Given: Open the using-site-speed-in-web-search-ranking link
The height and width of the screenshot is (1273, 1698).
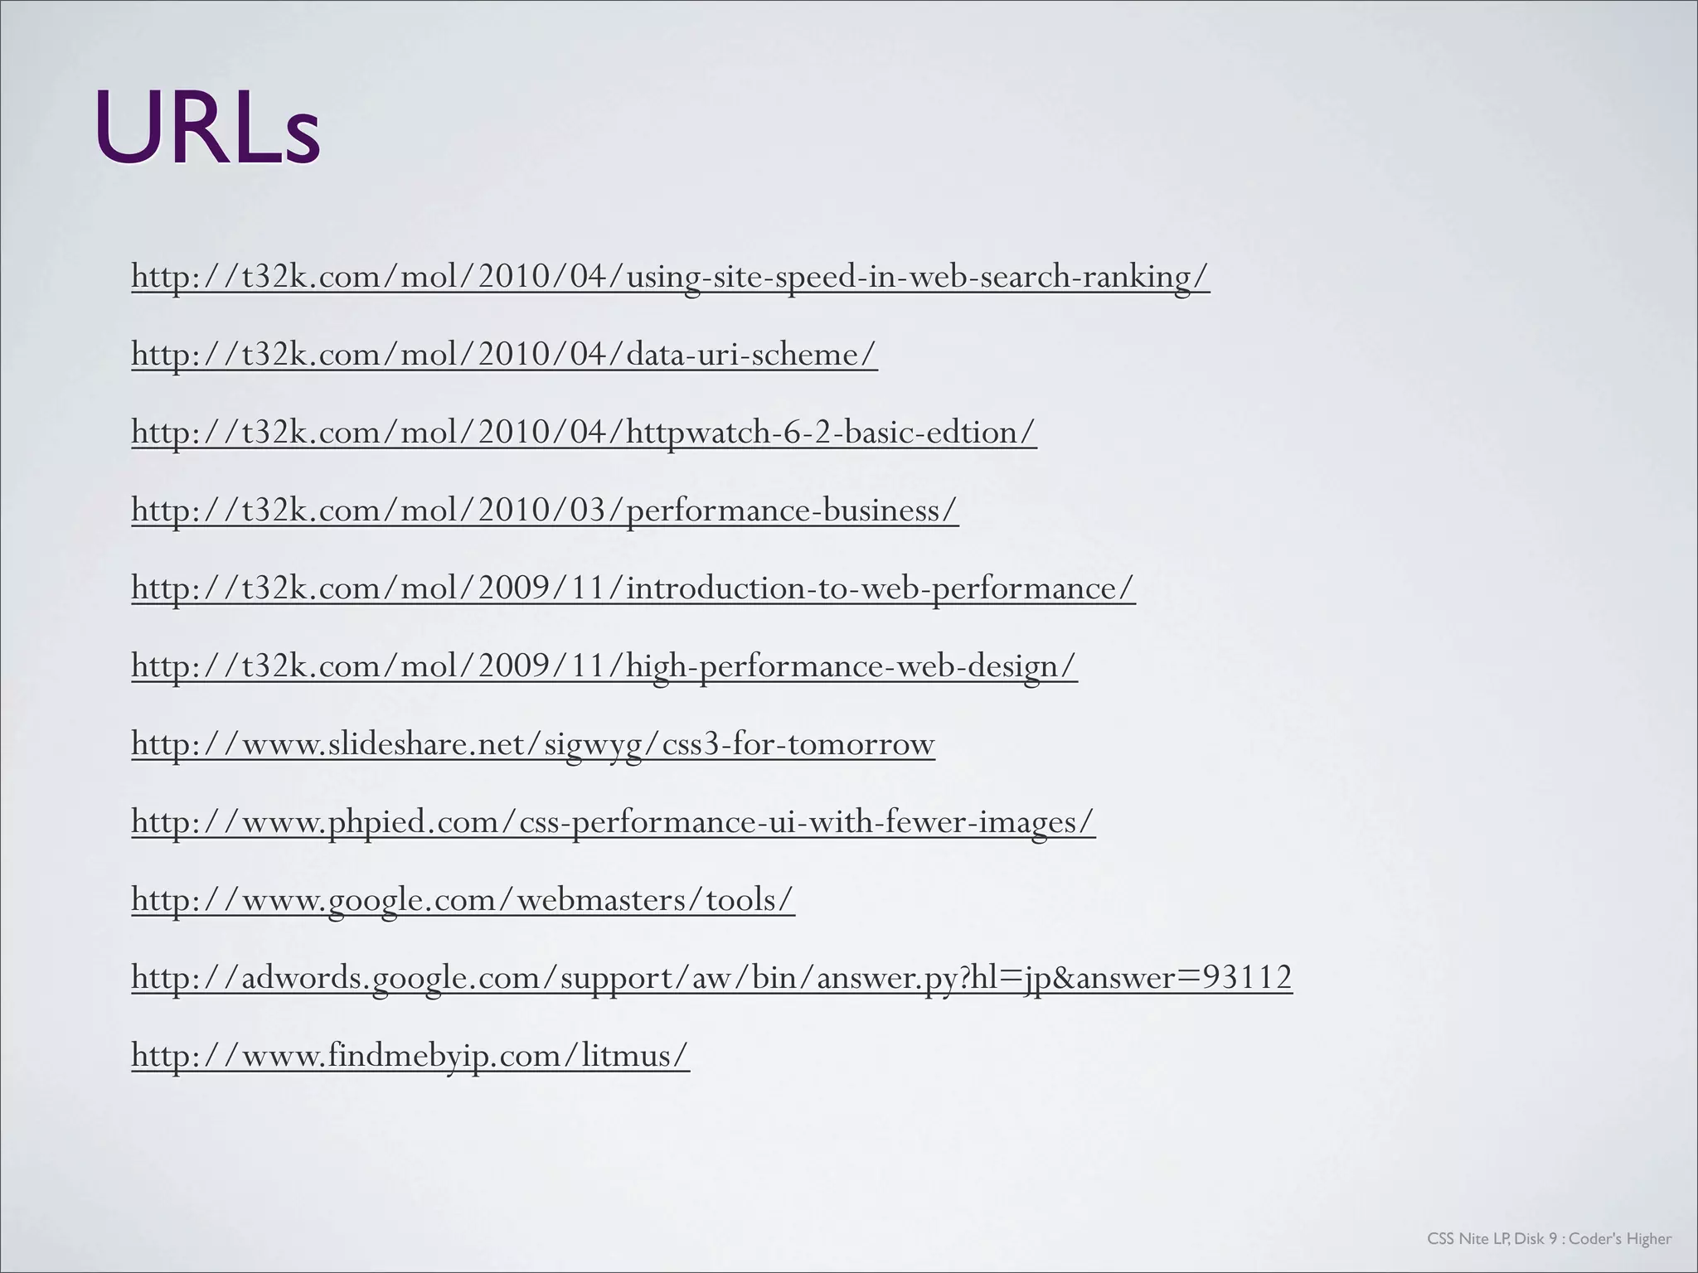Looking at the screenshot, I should [x=670, y=276].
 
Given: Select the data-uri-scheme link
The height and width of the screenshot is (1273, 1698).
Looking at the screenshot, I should [x=504, y=354].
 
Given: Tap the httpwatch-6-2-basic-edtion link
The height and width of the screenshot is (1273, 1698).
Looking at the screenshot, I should [x=584, y=432].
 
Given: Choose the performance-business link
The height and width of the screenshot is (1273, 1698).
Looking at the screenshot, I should [x=545, y=510].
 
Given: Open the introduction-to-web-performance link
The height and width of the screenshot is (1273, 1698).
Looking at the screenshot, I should [x=633, y=588].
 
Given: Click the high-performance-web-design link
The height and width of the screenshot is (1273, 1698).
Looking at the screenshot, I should [x=604, y=666].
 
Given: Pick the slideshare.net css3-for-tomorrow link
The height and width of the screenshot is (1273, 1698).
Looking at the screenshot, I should [x=533, y=743].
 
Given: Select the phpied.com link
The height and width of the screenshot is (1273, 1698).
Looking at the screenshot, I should [x=613, y=821].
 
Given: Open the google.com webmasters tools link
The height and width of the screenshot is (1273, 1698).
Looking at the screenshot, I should [x=463, y=899].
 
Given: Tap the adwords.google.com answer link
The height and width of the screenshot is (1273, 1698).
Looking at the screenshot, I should [x=711, y=977].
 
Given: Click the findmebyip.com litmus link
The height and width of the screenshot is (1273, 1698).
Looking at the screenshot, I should [x=410, y=1055].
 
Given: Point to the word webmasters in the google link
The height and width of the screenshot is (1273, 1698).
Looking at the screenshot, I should [x=604, y=899].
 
